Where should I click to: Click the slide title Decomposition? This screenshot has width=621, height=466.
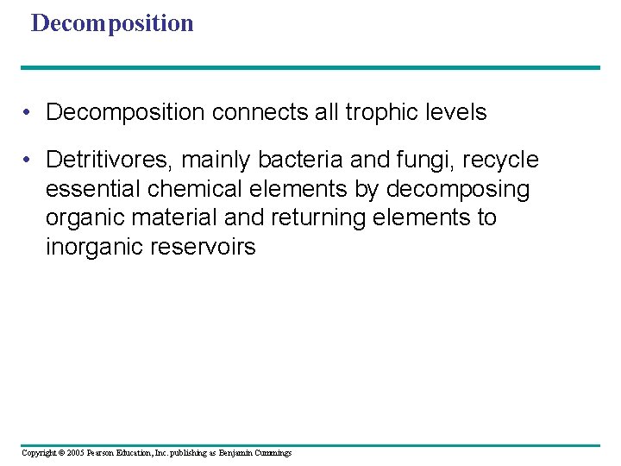tap(112, 23)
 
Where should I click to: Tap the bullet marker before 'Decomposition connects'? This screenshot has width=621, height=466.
tap(29, 113)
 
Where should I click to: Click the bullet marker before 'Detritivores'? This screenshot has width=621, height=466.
tap(29, 161)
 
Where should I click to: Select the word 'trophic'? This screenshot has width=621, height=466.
tap(385, 113)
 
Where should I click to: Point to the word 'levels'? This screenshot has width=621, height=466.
tap(458, 113)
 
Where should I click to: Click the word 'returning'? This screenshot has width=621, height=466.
tap(323, 218)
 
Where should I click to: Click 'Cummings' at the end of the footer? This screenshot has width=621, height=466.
tap(273, 453)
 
